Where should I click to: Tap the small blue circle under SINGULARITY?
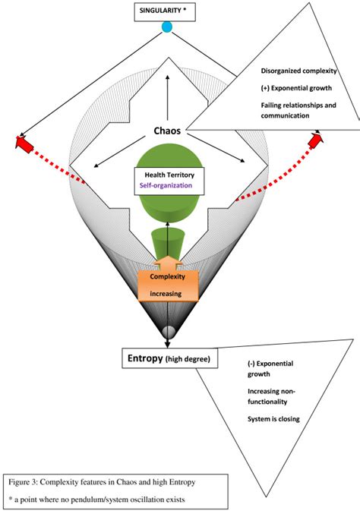[x=167, y=27]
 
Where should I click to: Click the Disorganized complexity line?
[x=298, y=72]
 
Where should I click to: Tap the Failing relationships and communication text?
[x=298, y=111]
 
